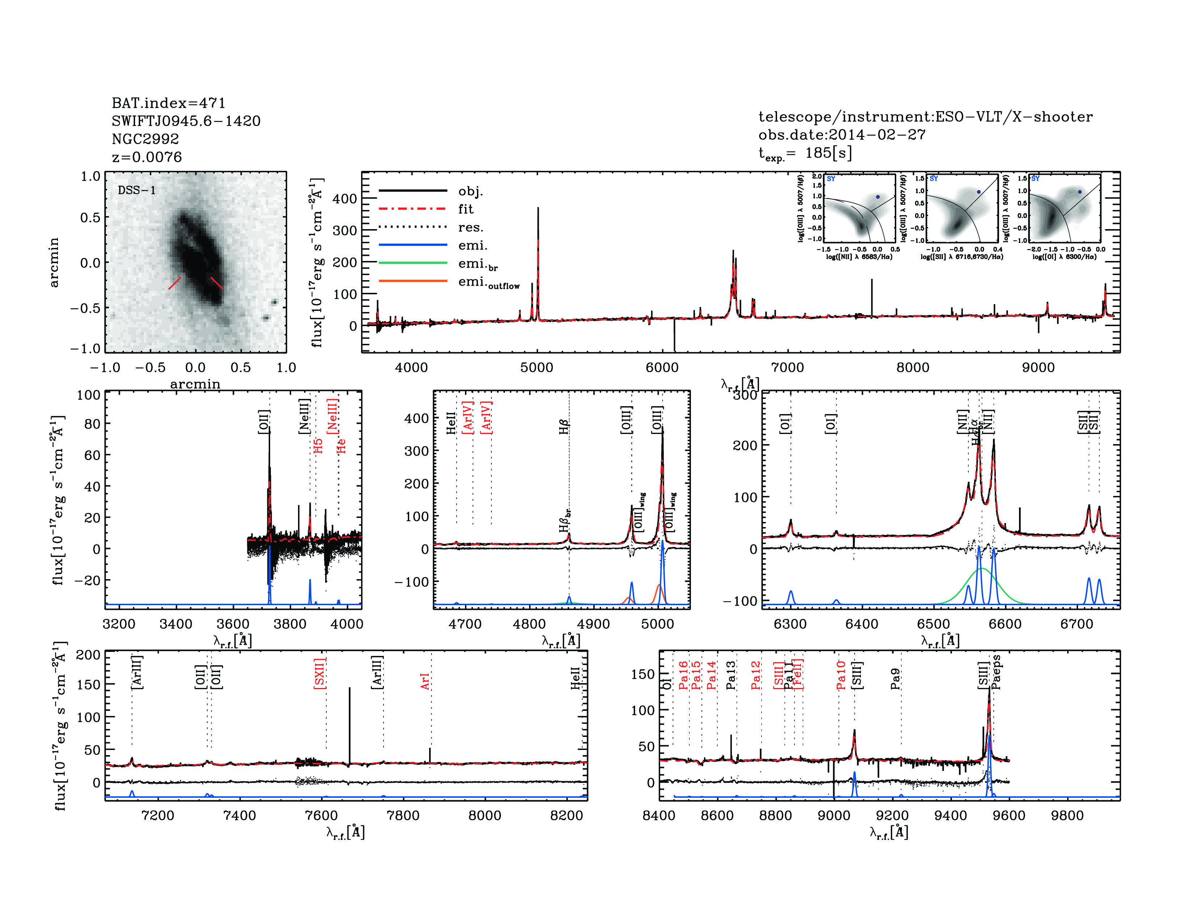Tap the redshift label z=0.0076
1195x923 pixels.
click(147, 157)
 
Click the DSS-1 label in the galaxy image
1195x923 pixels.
click(137, 190)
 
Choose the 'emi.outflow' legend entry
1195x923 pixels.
click(489, 282)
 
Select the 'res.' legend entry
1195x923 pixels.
click(470, 227)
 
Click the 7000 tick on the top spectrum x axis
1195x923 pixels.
click(787, 367)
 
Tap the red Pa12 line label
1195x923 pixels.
click(756, 675)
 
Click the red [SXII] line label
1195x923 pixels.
click(320, 673)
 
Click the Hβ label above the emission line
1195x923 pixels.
click(564, 426)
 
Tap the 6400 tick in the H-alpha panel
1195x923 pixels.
click(862, 624)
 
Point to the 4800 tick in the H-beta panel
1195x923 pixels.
click(529, 624)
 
